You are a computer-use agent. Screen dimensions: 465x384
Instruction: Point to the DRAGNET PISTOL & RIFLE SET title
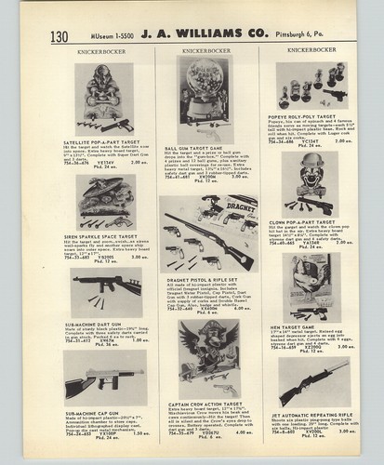[198, 280]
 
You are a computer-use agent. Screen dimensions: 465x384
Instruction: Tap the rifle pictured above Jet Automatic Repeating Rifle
[311, 381]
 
